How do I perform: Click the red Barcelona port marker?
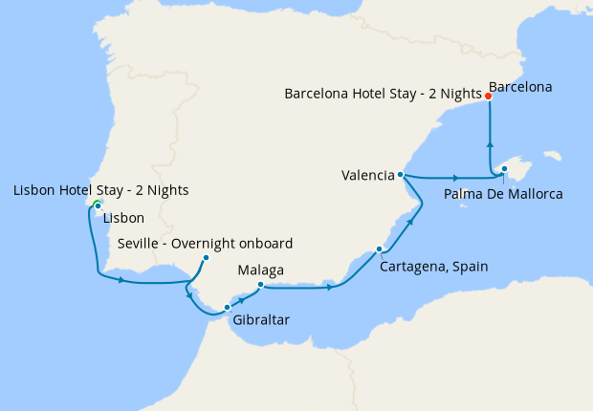click(x=488, y=97)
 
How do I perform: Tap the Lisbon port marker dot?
click(x=98, y=205)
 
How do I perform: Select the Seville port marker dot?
click(x=206, y=257)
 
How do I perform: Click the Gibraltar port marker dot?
click(x=227, y=307)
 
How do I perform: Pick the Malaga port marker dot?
click(x=260, y=284)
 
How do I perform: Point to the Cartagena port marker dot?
click(x=380, y=249)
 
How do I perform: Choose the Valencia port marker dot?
click(x=400, y=175)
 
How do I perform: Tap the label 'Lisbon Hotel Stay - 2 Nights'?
click(x=100, y=190)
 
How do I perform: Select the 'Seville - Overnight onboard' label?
click(x=205, y=243)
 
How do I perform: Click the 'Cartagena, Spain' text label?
click(x=433, y=267)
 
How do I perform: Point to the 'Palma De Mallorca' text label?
click(x=504, y=194)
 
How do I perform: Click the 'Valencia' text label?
click(x=368, y=175)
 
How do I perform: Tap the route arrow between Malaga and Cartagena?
click(x=331, y=286)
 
